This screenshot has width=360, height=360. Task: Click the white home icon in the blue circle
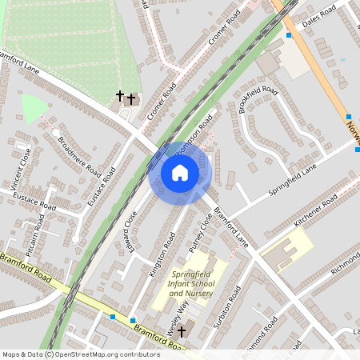[x=180, y=173]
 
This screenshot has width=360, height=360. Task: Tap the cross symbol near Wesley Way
[x=182, y=330]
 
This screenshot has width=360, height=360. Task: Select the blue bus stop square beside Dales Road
[x=289, y=35]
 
